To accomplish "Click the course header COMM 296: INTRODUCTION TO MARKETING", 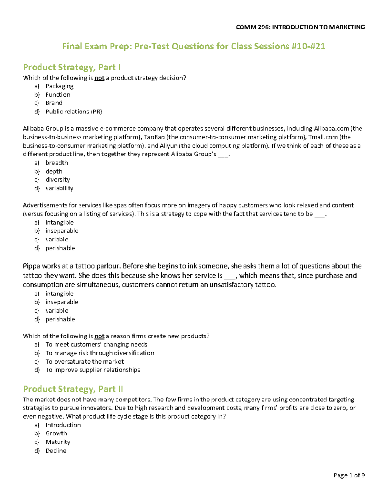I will (x=300, y=27).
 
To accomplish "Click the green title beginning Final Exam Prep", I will (x=193, y=47).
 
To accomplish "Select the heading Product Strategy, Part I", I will (x=72, y=67).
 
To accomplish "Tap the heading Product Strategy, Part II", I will (x=73, y=389).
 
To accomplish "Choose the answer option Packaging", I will (x=59, y=86).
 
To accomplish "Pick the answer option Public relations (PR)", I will (x=74, y=112).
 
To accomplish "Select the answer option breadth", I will (x=57, y=163).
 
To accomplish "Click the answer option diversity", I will (x=58, y=180).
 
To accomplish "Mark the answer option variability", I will (x=59, y=188).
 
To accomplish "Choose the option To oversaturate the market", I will (x=84, y=361).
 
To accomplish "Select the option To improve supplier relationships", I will (x=92, y=370).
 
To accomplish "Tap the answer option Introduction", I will (x=63, y=425).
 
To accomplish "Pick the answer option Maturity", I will (x=58, y=442).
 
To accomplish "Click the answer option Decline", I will (x=56, y=451).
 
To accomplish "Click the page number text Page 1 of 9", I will (x=349, y=475).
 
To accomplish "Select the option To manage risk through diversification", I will (x=100, y=353).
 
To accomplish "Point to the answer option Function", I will (x=58, y=95).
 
